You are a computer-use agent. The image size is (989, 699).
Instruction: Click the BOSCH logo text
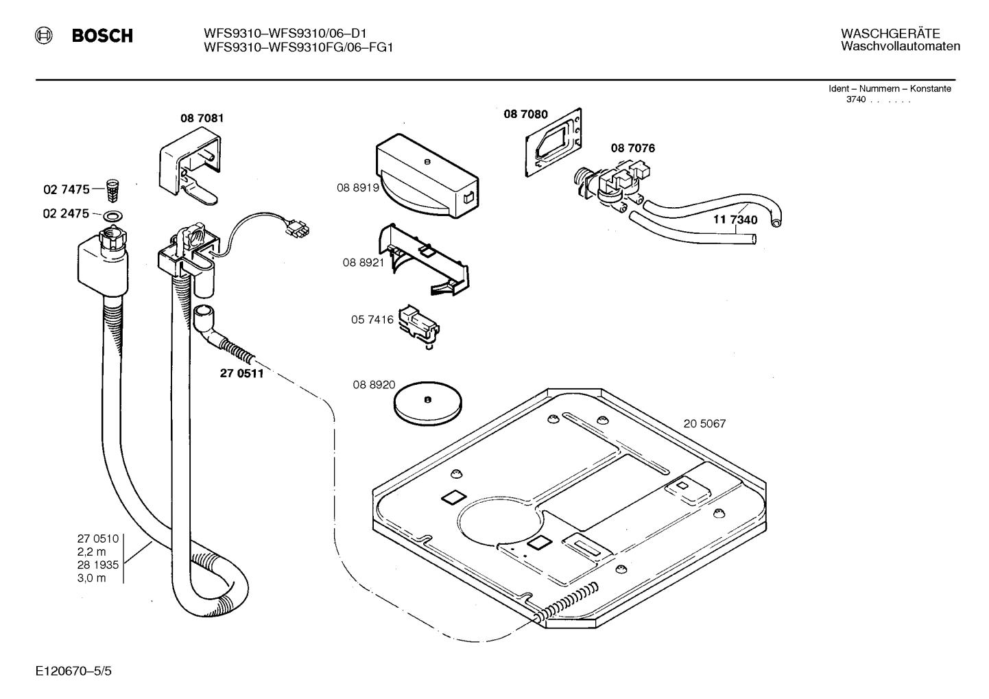click(102, 36)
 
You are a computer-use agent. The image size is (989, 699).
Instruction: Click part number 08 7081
click(202, 118)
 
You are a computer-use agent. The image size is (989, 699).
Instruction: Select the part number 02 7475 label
click(66, 189)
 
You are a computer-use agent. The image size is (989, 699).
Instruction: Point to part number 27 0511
click(241, 374)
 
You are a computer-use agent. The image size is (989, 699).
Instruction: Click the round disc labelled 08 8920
click(427, 399)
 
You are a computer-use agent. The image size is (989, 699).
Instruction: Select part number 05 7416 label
click(372, 320)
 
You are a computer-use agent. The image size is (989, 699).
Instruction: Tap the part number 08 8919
click(357, 187)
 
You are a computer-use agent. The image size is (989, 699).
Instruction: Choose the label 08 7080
click(525, 115)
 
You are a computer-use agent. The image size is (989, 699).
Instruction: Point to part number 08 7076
click(632, 148)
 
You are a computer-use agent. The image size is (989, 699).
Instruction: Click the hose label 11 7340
click(735, 220)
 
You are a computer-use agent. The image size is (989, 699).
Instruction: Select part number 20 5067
click(704, 424)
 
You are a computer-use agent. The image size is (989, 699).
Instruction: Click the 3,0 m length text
click(91, 578)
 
